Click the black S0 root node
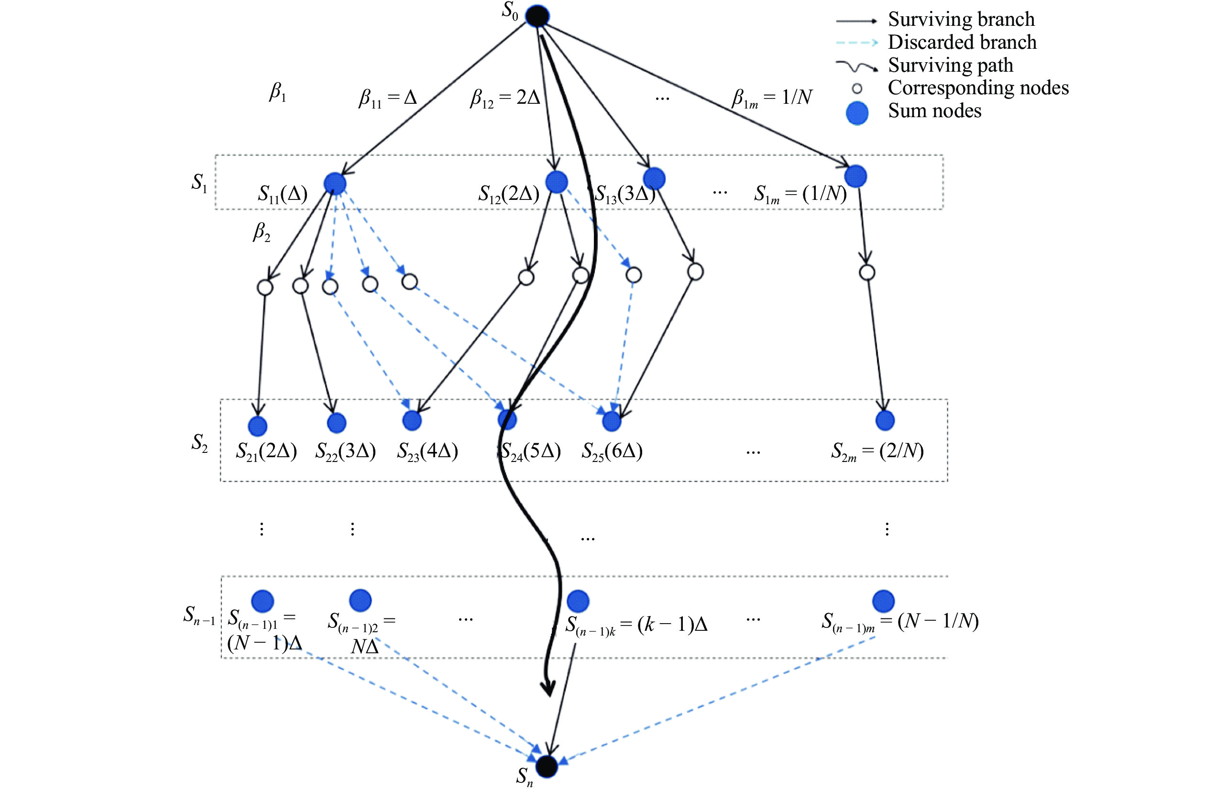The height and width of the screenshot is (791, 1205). coord(537,16)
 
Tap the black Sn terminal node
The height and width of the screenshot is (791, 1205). coord(547,766)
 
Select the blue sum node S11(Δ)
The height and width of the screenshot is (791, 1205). coord(335,183)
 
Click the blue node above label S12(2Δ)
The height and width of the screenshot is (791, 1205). coord(557,182)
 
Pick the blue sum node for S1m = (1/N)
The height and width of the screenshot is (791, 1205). coord(855,176)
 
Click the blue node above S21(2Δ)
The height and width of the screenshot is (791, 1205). coord(258,426)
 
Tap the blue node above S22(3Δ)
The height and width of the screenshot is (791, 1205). coord(337,423)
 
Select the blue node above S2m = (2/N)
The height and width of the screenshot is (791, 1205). coord(885,420)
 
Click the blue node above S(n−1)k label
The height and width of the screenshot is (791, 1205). coord(578,601)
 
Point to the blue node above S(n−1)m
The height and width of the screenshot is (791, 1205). coord(884,601)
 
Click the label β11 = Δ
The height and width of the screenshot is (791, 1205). coord(388,98)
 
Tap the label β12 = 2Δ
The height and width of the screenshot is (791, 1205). coord(505,98)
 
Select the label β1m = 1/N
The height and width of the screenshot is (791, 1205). coord(772,98)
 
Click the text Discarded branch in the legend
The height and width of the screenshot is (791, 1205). coord(962,42)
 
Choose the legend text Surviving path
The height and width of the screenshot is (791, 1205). coord(950,66)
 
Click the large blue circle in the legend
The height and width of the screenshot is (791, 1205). coord(857,113)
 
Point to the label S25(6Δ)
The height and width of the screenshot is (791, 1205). coord(612,451)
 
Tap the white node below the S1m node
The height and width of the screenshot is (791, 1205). coord(867,273)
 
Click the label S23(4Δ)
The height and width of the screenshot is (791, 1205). coord(427,451)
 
